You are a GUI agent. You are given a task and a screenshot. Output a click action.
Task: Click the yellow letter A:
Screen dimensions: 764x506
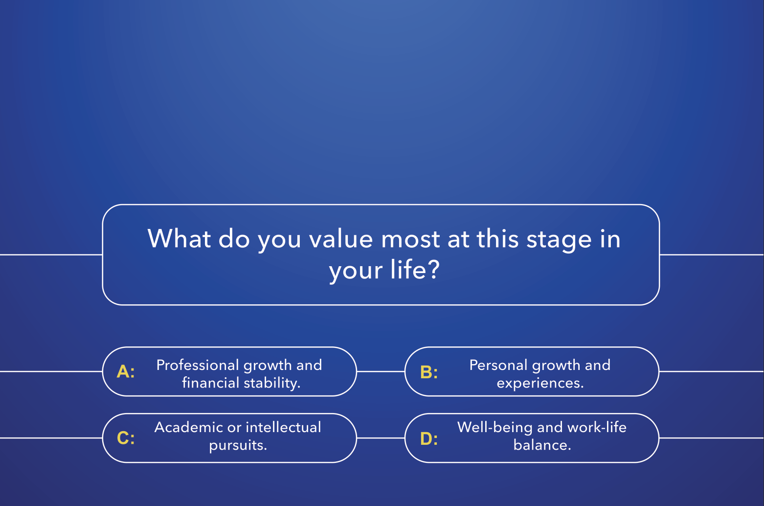pos(126,371)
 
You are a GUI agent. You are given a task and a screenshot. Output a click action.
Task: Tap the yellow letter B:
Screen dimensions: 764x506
pos(429,372)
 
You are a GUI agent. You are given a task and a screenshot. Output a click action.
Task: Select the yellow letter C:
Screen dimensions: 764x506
pos(126,438)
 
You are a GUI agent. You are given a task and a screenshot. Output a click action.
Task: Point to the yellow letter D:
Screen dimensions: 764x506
pos(429,438)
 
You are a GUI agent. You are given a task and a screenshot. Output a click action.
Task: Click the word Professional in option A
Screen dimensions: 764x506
pos(198,365)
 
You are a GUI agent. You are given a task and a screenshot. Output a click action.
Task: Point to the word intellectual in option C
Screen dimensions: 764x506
pos(283,427)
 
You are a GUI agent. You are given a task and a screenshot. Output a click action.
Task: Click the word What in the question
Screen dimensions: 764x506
pos(179,238)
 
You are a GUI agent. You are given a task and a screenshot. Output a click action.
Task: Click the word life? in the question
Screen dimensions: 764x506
pos(415,269)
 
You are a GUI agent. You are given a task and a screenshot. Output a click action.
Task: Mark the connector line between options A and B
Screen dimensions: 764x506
pos(381,371)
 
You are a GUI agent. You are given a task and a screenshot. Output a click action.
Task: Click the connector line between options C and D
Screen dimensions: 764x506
pos(381,438)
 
